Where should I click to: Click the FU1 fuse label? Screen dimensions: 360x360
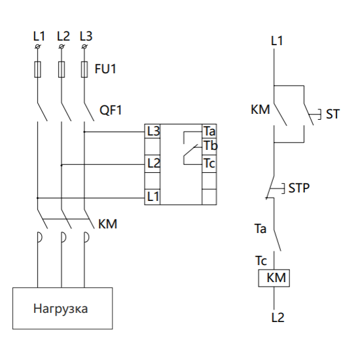(105, 69)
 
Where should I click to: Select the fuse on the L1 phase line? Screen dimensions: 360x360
(38, 69)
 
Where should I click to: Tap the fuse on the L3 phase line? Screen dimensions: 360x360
(84, 69)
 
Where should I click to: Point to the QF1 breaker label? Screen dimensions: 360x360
(111, 110)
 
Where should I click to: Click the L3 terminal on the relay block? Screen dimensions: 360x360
(153, 131)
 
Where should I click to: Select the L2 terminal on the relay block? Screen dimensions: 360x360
(153, 164)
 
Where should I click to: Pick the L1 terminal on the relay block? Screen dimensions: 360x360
(153, 197)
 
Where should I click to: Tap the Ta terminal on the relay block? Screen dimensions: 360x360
(209, 131)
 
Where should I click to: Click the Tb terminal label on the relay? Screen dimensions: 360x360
(211, 145)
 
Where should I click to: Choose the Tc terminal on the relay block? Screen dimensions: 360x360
(209, 164)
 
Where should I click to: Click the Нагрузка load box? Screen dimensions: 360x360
(62, 308)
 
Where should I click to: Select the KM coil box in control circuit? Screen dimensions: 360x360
(274, 278)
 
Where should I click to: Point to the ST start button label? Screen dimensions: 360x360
(333, 114)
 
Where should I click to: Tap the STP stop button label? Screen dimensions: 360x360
(299, 188)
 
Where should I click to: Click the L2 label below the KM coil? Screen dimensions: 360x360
(278, 317)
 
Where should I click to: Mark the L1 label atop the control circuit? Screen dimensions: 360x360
(277, 41)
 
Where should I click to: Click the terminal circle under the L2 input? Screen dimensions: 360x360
(62, 46)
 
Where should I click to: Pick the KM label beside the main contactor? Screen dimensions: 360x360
(108, 224)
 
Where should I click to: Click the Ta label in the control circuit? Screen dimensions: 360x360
(261, 228)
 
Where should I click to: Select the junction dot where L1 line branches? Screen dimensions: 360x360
(37, 198)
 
